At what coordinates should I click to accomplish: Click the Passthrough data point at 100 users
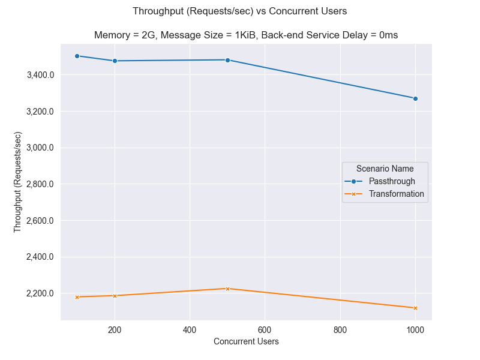point(77,56)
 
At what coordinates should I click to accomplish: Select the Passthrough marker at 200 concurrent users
point(115,61)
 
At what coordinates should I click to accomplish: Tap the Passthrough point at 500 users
point(227,60)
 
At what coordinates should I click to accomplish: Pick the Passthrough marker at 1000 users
point(415,98)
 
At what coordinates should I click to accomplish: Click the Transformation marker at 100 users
point(77,297)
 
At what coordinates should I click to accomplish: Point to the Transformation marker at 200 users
point(115,296)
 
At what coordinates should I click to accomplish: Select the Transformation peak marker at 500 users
point(227,289)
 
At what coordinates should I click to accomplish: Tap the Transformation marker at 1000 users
point(415,308)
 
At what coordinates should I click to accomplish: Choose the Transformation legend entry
point(396,194)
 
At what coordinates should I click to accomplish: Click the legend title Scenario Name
point(385,169)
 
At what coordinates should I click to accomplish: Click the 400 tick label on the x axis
point(190,329)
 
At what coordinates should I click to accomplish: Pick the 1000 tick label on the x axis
point(415,329)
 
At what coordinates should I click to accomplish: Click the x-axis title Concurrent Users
point(246,341)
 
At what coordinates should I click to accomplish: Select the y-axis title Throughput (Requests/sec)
point(17,182)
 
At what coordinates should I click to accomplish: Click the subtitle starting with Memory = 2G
point(246,35)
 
